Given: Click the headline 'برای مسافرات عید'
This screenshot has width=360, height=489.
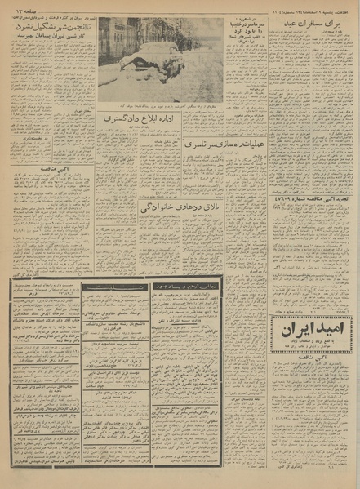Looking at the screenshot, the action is (311, 27).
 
